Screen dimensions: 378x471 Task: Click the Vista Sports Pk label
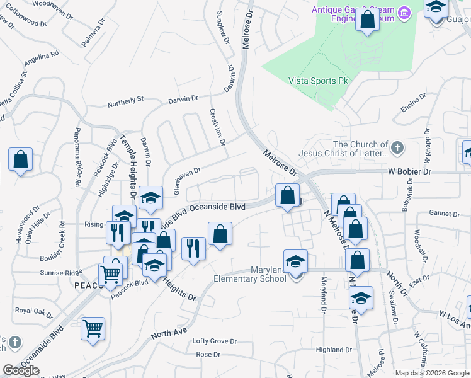318,81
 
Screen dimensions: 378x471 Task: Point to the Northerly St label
125,99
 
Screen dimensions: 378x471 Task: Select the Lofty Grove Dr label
214,341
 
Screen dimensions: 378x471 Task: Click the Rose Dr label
207,354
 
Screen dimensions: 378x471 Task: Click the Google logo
21,370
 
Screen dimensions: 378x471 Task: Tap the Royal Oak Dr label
33,311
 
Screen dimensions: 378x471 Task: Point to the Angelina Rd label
41,59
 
